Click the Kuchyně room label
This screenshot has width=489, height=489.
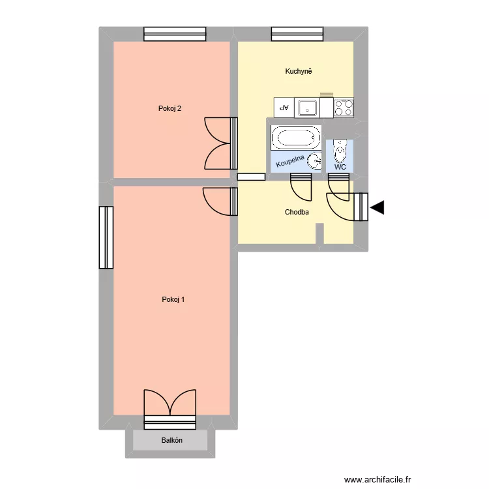click(299, 71)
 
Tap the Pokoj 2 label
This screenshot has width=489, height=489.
click(170, 108)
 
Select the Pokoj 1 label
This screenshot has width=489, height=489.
click(173, 300)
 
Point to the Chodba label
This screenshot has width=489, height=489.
click(297, 213)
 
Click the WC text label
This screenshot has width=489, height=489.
click(340, 167)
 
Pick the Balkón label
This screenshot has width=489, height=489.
click(172, 441)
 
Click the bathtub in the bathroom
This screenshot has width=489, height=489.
click(296, 138)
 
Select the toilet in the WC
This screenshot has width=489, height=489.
click(340, 151)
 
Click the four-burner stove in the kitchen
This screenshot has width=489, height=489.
click(344, 108)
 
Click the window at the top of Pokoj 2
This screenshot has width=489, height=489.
click(175, 34)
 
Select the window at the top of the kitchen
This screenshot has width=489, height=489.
click(297, 34)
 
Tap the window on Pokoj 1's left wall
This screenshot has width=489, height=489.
click(106, 237)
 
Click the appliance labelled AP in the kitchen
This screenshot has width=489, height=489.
click(284, 108)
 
